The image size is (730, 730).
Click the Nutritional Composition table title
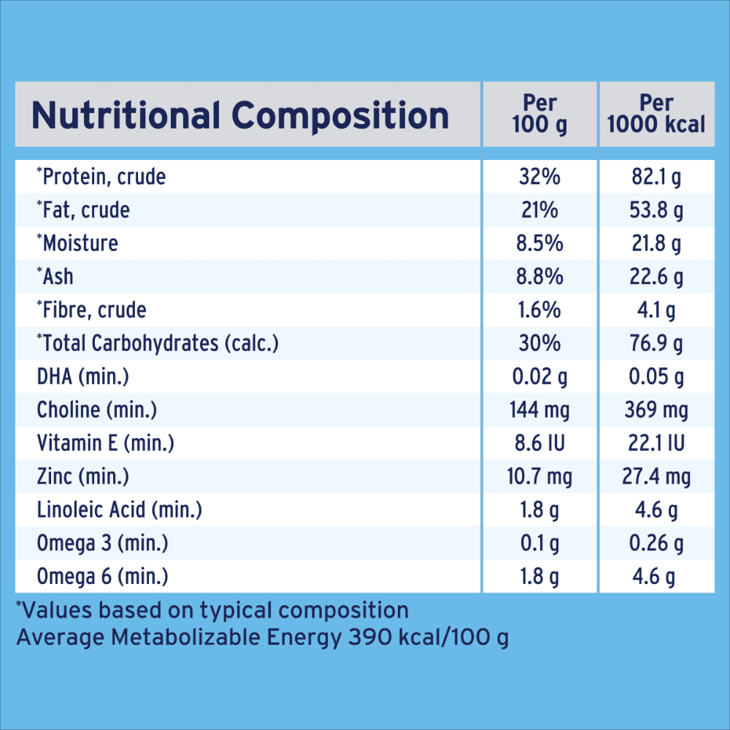pos(240,116)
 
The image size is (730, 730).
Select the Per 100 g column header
pos(539,114)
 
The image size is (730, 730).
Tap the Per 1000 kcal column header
pos(656,114)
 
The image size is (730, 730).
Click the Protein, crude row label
pos(101,177)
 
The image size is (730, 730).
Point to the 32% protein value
pos(539,177)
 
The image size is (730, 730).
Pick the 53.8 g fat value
pos(657,210)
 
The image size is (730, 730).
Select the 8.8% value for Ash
pos(539,277)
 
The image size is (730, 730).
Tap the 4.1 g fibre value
pos(657,310)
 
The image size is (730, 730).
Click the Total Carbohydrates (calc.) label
pos(158,343)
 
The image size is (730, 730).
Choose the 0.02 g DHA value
pos(539,377)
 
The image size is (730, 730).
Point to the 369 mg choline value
pos(657,410)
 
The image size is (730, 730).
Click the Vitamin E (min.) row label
pos(106,443)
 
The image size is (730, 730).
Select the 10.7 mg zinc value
pos(539,477)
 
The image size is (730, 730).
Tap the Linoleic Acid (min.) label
pos(120,510)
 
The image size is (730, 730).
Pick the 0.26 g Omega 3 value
pos(657,544)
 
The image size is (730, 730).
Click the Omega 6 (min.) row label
pos(103,577)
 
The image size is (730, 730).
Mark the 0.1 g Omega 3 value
pos(539,544)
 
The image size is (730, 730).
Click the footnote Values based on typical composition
pos(212,610)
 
